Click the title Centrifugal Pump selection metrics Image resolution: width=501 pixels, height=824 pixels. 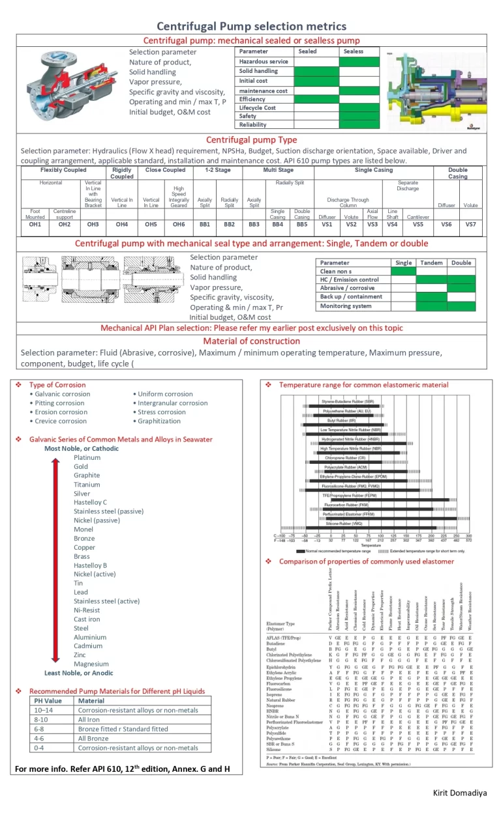click(251, 26)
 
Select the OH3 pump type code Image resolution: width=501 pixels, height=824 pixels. click(93, 225)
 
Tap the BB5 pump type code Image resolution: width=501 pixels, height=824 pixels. click(302, 225)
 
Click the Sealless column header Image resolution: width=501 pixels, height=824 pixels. click(353, 51)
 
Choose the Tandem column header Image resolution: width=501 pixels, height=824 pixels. click(431, 263)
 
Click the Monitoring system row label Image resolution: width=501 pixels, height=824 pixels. click(346, 306)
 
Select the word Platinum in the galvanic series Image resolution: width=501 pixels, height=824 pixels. click(87, 457)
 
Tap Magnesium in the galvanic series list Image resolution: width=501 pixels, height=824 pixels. click(91, 664)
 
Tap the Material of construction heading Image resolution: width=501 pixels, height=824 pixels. click(251, 341)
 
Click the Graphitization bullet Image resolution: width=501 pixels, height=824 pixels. click(160, 421)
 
